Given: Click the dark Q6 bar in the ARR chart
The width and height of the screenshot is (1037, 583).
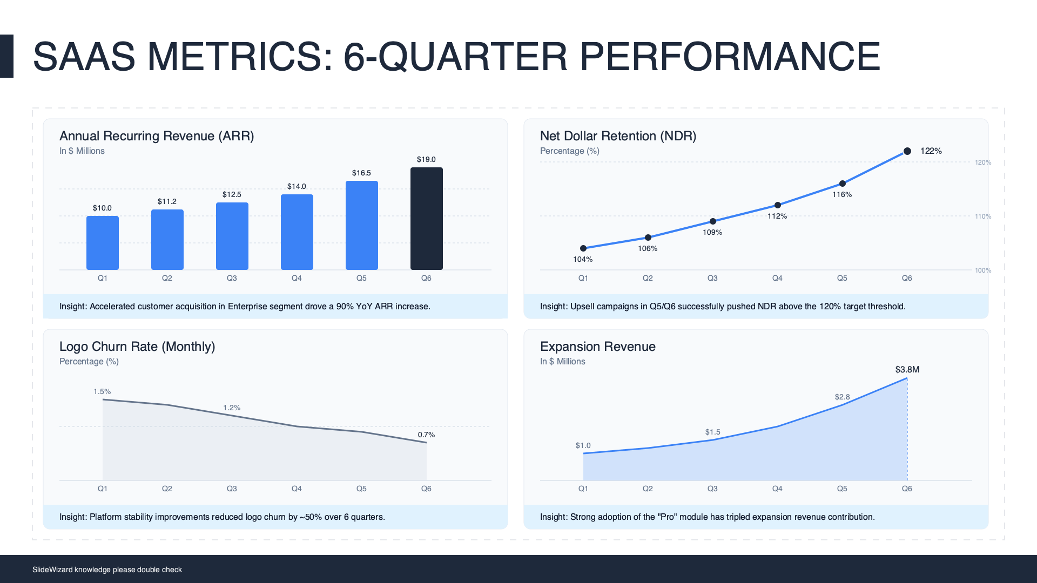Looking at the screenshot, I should tap(426, 219).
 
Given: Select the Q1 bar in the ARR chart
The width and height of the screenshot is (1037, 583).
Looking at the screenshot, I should tap(102, 243).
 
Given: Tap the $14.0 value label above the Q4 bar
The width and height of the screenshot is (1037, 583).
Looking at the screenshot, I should tap(297, 186).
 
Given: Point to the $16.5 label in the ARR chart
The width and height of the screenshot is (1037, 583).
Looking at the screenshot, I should tap(361, 173).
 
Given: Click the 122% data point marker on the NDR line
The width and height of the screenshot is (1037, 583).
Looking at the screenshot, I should tap(907, 151).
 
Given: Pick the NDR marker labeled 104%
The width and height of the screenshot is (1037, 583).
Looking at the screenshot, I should tap(583, 248).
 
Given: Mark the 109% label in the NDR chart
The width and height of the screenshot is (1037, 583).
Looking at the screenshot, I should tap(712, 232).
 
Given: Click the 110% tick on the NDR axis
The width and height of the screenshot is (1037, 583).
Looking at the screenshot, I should tap(983, 216).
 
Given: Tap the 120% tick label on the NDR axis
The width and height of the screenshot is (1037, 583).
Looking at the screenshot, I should tap(983, 162).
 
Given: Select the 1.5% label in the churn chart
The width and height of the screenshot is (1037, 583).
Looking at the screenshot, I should tap(102, 391).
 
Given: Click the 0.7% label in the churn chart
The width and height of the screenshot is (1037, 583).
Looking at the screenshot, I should tap(426, 435).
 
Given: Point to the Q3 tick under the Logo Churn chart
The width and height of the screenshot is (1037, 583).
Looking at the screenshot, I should tap(232, 489).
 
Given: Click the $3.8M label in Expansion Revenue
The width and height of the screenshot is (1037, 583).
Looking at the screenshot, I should tap(907, 370).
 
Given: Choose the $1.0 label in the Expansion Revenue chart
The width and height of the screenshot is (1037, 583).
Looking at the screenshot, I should tap(583, 445).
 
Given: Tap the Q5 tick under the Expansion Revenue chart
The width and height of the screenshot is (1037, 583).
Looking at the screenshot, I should tap(842, 489).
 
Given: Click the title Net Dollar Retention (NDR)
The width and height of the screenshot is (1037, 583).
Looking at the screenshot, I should tap(618, 136).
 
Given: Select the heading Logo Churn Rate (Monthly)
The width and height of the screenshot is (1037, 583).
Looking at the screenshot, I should tap(137, 347).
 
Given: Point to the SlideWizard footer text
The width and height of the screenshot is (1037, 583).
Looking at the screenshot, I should tap(107, 570).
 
